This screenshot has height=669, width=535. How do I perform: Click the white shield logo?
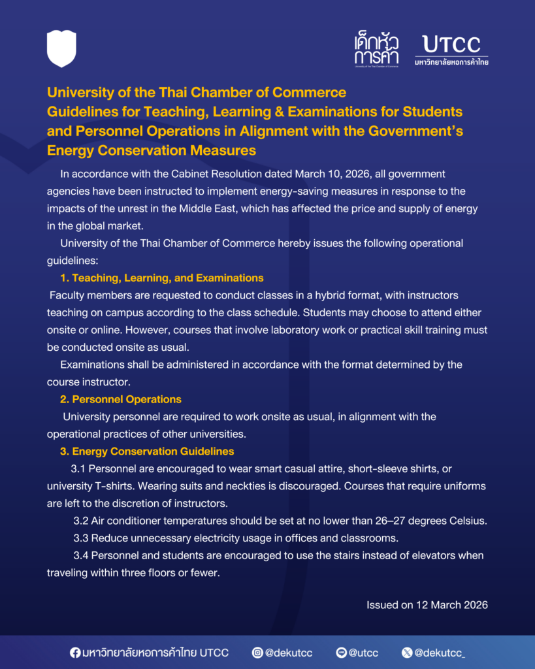pyautogui.click(x=61, y=48)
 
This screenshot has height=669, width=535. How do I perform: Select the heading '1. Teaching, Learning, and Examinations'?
pyautogui.click(x=161, y=278)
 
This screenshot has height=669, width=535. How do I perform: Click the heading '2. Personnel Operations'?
pyautogui.click(x=120, y=399)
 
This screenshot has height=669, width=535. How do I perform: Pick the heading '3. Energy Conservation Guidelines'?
pyautogui.click(x=146, y=451)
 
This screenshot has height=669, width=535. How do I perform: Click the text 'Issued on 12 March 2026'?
pyautogui.click(x=427, y=605)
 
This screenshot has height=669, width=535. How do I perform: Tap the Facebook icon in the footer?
pyautogui.click(x=76, y=652)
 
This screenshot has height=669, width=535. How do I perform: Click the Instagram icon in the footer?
pyautogui.click(x=258, y=652)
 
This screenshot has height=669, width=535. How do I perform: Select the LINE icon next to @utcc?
pyautogui.click(x=341, y=652)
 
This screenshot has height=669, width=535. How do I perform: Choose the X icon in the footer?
pyautogui.click(x=407, y=652)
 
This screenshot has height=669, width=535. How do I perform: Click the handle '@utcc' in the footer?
pyautogui.click(x=364, y=652)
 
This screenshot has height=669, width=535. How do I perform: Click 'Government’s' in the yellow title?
pyautogui.click(x=421, y=131)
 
